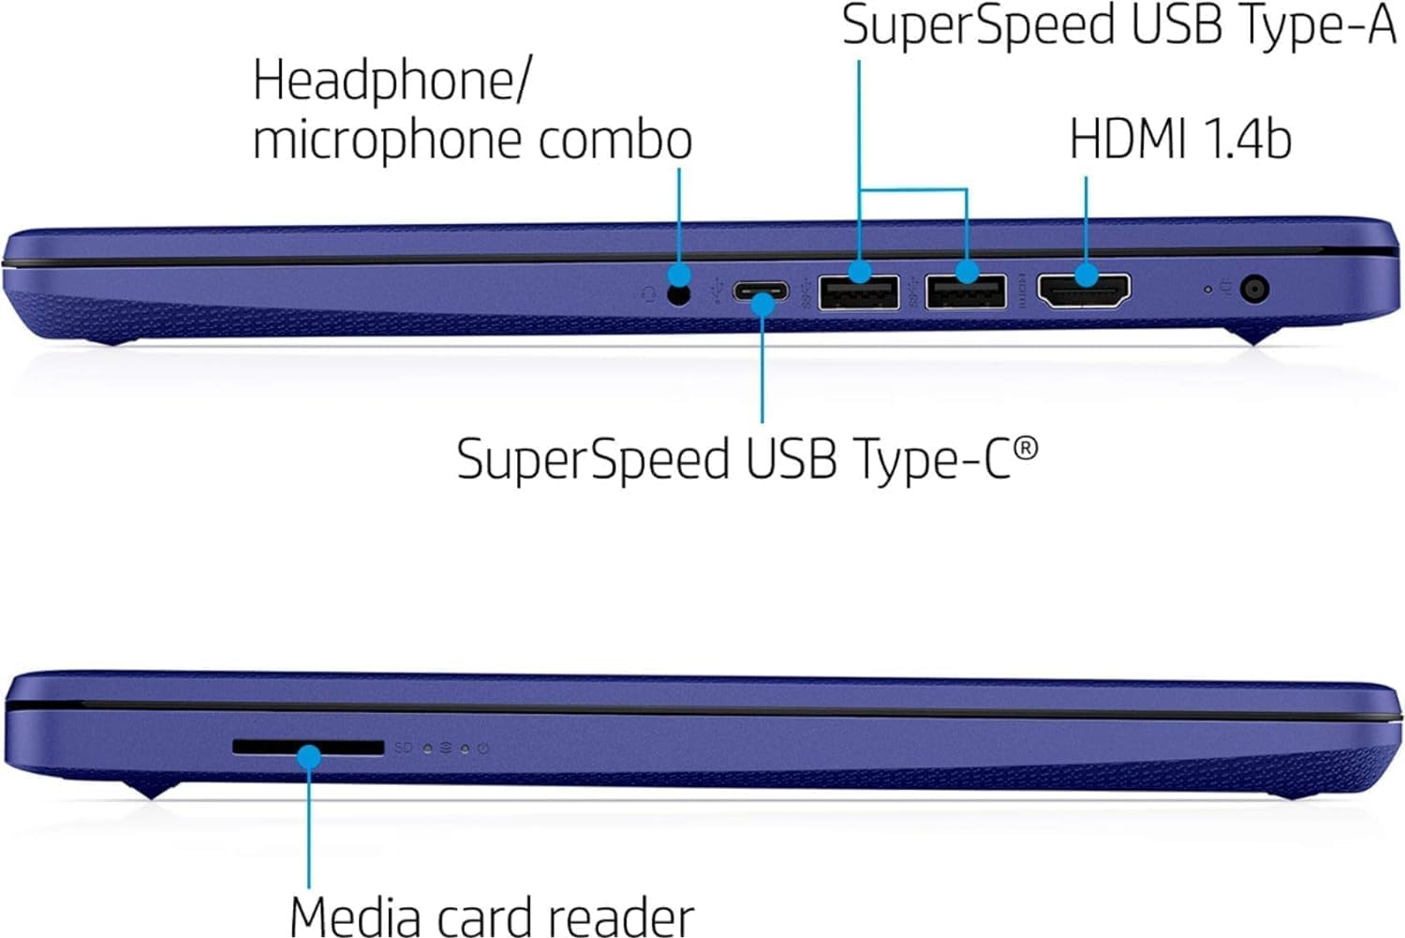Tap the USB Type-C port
tap(760, 291)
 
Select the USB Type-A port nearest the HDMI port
tap(966, 291)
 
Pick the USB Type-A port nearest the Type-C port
tap(858, 291)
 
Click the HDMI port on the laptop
tap(1086, 290)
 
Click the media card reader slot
tap(308, 747)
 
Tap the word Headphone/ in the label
tap(391, 82)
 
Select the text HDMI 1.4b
tap(1180, 139)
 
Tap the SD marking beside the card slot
tap(404, 748)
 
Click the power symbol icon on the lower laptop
tap(482, 749)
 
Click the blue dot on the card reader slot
tap(309, 755)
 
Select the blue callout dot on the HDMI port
tap(1086, 275)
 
